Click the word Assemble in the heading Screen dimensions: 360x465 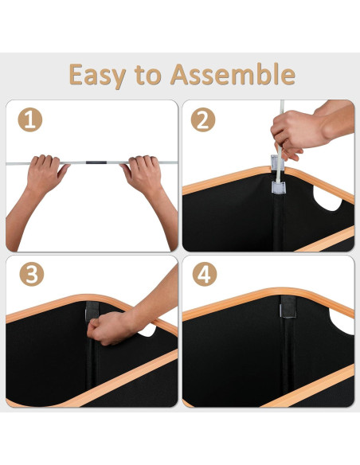(x=233, y=74)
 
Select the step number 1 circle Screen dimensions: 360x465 (x=30, y=119)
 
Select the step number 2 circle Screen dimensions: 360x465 (x=203, y=119)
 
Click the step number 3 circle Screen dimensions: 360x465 (x=32, y=274)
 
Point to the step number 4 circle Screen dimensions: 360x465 (x=205, y=274)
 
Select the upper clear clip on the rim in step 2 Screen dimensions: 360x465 (x=277, y=162)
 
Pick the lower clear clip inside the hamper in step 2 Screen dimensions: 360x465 (x=279, y=188)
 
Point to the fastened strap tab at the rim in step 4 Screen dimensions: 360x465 (x=288, y=307)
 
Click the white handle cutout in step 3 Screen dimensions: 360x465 (x=147, y=330)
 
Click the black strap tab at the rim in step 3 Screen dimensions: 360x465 (x=92, y=310)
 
